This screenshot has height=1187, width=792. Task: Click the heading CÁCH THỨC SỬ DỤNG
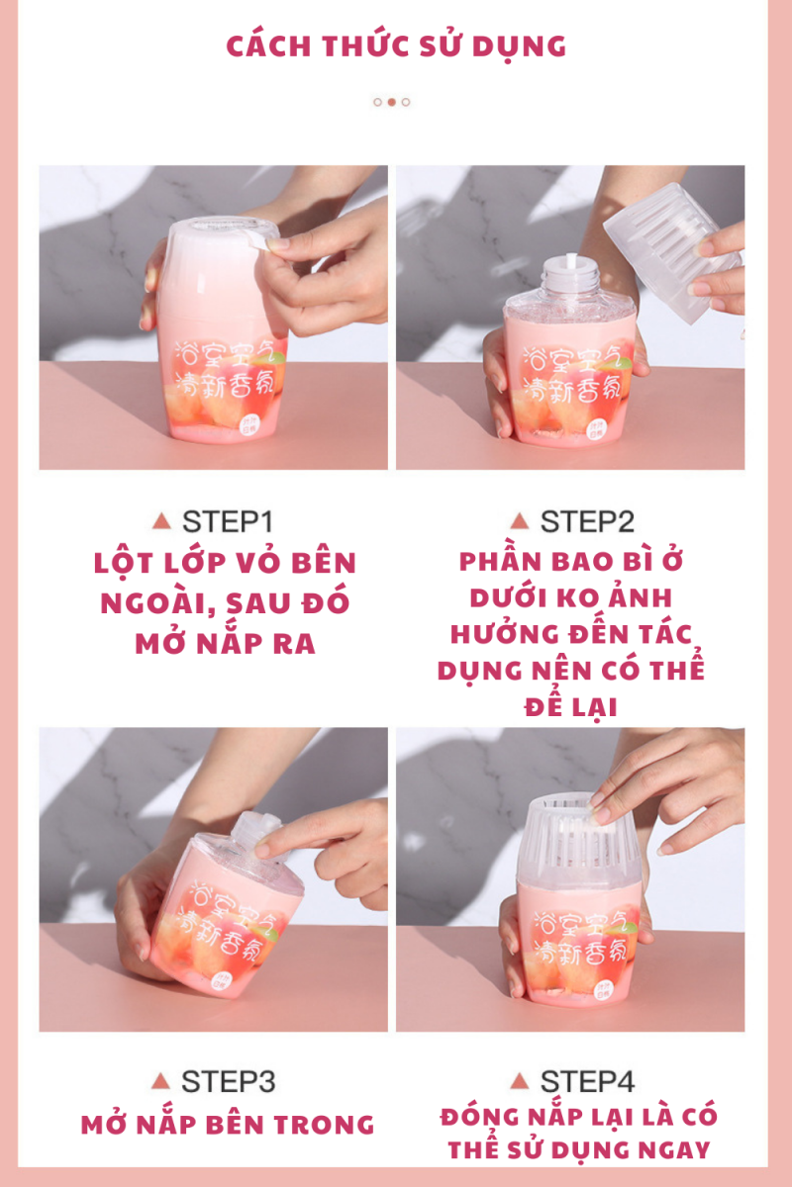click(x=396, y=46)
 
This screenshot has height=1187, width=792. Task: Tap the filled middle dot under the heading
click(x=392, y=102)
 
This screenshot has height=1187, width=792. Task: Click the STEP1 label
click(x=229, y=521)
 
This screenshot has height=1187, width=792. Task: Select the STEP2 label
click(x=587, y=521)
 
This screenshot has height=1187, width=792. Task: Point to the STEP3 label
click(x=229, y=1080)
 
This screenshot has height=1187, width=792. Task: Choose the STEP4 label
click(x=587, y=1080)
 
